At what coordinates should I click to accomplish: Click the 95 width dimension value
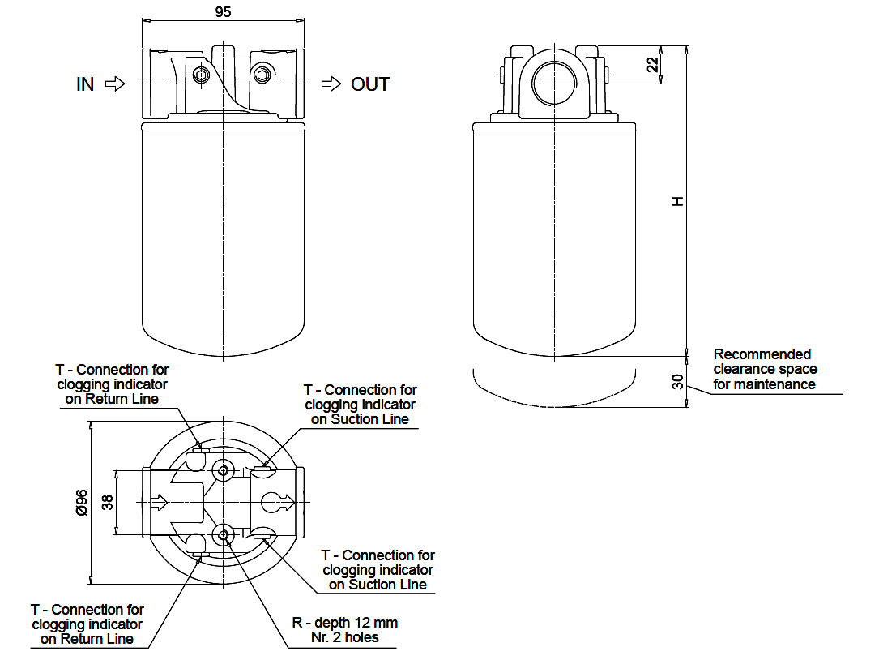[223, 12]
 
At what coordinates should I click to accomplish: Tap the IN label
[85, 84]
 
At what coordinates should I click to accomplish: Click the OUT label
[370, 84]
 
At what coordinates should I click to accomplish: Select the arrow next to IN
[115, 84]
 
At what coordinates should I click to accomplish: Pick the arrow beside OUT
[331, 84]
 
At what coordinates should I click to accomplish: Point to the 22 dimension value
[653, 65]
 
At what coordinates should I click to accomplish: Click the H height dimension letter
[678, 201]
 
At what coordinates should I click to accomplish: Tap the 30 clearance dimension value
[678, 382]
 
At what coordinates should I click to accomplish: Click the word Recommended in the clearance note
[762, 354]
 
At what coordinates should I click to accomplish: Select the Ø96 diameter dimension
[82, 502]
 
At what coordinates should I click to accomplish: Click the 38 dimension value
[107, 502]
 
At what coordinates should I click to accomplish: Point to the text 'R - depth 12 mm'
[345, 623]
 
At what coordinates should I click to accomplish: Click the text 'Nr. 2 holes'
[345, 637]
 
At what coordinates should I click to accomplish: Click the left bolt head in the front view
[201, 75]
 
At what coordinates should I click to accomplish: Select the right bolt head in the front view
[261, 74]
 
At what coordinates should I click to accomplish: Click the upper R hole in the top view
[224, 469]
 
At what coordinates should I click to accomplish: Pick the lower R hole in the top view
[224, 535]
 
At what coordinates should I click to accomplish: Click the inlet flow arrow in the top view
[160, 502]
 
